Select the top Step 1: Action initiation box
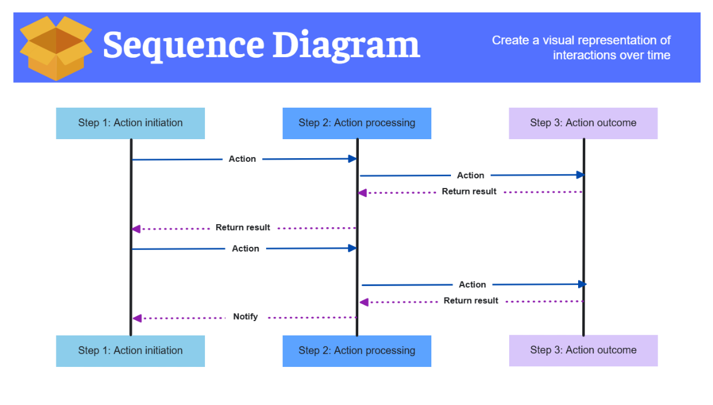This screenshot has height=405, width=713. coord(130,123)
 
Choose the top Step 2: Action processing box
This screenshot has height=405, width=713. coord(356,123)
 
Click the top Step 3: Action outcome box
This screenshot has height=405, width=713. coord(583,123)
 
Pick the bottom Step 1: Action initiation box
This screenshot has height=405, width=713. coord(130,351)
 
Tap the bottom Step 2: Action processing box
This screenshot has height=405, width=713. coord(356,351)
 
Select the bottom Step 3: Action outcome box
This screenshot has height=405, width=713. coord(583,350)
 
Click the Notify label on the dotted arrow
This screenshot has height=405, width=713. coord(245,317)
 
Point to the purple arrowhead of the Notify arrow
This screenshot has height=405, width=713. coord(136,319)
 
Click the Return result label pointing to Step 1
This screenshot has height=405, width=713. coord(242,228)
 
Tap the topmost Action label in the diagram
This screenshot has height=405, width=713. coord(242,159)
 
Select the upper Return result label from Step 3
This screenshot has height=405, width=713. coord(469,191)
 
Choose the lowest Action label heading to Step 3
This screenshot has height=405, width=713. coord(472,285)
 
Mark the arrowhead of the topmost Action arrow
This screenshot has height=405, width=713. coord(352,159)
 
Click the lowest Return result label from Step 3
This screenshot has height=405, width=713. coord(471,301)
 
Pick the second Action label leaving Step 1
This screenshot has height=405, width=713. coord(245,249)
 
